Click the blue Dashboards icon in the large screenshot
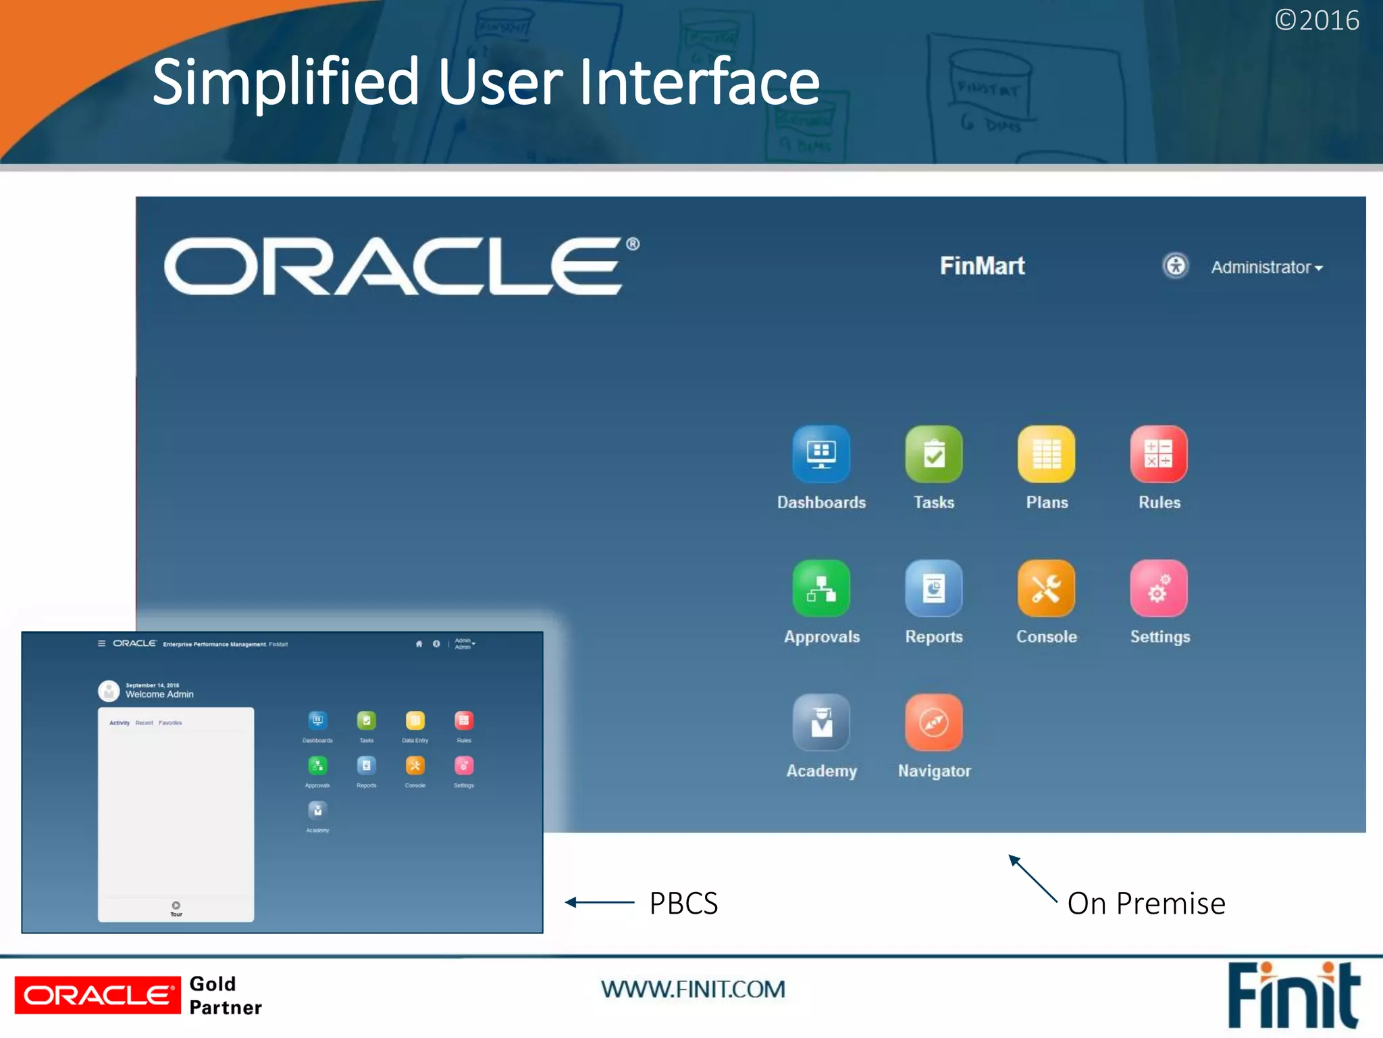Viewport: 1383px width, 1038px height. pyautogui.click(x=821, y=453)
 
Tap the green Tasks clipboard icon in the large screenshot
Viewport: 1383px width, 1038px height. pyautogui.click(x=934, y=453)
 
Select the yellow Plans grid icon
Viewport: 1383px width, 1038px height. pyautogui.click(x=1046, y=453)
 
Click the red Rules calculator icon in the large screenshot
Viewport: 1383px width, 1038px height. pyautogui.click(x=1159, y=453)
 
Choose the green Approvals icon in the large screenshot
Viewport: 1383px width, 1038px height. pyautogui.click(x=821, y=588)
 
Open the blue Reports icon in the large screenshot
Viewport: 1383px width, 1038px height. pyautogui.click(x=934, y=588)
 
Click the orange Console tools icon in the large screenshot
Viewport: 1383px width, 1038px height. pyautogui.click(x=1046, y=588)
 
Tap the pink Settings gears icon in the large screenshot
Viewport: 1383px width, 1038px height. pyautogui.click(x=1159, y=588)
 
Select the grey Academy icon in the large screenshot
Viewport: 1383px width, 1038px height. pyautogui.click(x=821, y=722)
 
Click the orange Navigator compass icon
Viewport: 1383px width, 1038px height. pyautogui.click(x=934, y=722)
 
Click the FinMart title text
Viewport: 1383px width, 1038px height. pyautogui.click(x=982, y=266)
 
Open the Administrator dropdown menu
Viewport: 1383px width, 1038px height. pyautogui.click(x=1266, y=268)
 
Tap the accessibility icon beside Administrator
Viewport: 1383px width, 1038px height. pyautogui.click(x=1176, y=266)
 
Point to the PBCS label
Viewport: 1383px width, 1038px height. pyautogui.click(x=683, y=904)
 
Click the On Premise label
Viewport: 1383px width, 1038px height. pyautogui.click(x=1146, y=904)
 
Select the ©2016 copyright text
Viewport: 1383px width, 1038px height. pyautogui.click(x=1316, y=20)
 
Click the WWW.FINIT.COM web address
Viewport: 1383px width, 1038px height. pyautogui.click(x=693, y=989)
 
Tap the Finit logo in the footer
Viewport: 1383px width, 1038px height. pyautogui.click(x=1293, y=995)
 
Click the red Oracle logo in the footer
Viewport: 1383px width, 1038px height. pyautogui.click(x=98, y=995)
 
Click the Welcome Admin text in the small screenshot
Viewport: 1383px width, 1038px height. pyautogui.click(x=159, y=694)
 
